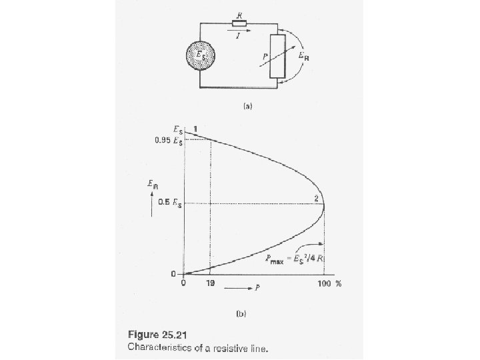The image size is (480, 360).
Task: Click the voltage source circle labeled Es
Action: coord(201,56)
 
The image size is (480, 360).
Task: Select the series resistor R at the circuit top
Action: coord(240,23)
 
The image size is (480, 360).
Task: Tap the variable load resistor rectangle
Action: coord(277,56)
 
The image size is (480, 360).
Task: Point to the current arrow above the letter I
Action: coord(239,30)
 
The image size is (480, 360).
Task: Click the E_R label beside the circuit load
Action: coord(304,56)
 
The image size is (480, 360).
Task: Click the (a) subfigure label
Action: coord(247,106)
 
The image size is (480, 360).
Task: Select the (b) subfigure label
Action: coord(241,313)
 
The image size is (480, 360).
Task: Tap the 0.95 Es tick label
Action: coord(169,141)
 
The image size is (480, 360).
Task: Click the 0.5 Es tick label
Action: coord(170,203)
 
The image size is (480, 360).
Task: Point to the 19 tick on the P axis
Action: coord(210,283)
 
